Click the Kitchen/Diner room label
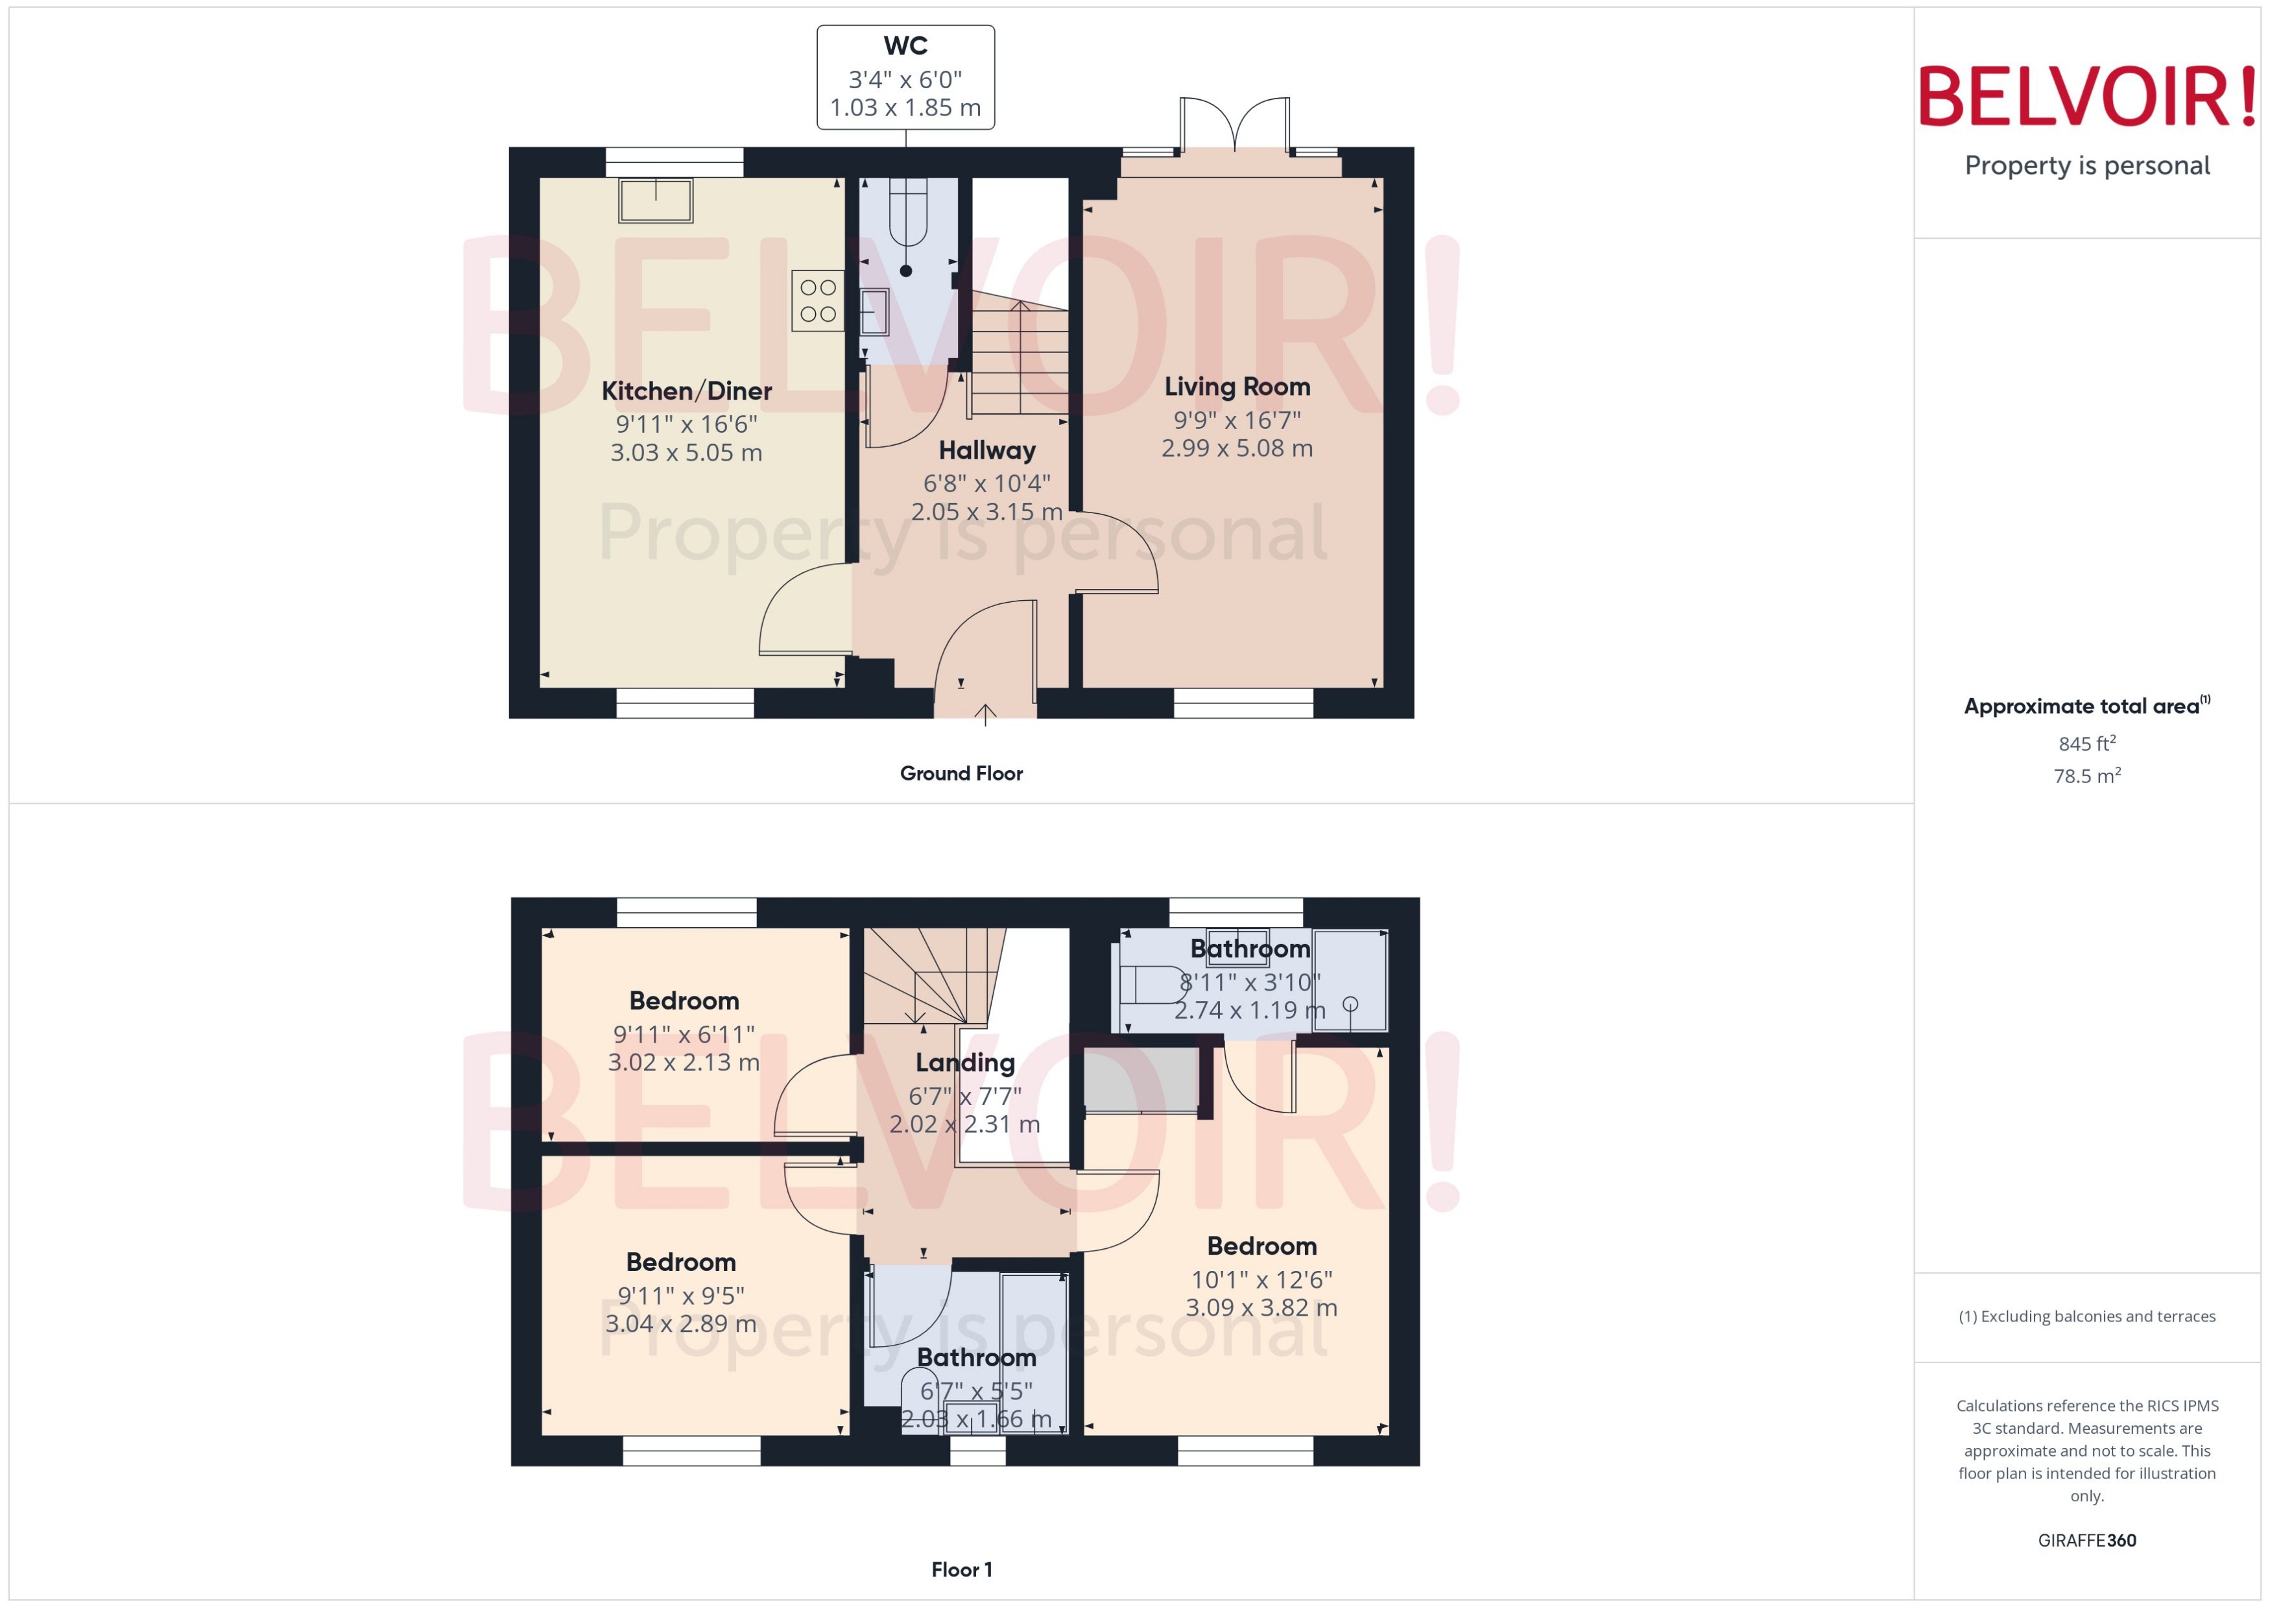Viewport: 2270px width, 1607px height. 686,391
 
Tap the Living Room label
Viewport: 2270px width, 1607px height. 1236,387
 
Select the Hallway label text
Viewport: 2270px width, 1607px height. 986,450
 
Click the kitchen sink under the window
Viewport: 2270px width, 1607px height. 655,201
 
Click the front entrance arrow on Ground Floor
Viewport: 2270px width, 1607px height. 985,714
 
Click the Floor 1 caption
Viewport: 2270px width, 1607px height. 961,1569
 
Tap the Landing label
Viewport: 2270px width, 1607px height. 964,1063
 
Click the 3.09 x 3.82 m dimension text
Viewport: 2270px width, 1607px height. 1261,1307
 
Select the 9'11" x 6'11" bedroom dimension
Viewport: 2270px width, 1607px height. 684,1034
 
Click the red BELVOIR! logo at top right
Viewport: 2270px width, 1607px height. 2086,97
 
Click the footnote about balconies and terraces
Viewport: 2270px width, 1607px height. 2086,1316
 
